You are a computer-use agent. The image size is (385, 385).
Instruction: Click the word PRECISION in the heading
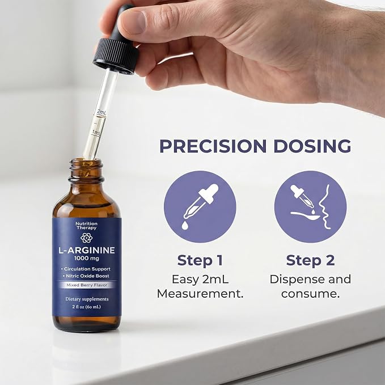[213, 146]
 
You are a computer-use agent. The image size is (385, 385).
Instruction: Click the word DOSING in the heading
[312, 146]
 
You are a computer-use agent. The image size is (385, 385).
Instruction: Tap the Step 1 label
[200, 260]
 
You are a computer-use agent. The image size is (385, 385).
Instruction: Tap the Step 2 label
[310, 260]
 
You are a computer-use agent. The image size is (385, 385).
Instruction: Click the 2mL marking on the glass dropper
[101, 112]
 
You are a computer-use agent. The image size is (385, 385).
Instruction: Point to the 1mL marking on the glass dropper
[96, 133]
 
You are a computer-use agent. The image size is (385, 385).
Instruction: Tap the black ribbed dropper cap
[116, 56]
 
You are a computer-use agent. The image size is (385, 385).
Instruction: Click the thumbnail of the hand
[132, 22]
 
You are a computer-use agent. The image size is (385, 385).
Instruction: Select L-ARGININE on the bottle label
[86, 250]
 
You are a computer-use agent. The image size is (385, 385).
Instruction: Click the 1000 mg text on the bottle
[87, 259]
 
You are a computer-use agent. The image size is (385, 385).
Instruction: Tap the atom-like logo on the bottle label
[86, 238]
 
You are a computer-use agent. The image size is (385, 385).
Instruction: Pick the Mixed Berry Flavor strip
[87, 285]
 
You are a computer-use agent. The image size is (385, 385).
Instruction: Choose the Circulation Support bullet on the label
[86, 269]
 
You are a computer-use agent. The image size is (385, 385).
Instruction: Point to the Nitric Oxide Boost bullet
[86, 276]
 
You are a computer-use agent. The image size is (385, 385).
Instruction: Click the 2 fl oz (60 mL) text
[86, 307]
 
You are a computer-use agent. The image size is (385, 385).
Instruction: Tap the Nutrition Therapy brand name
[86, 226]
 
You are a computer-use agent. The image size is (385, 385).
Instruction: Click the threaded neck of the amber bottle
[86, 170]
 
